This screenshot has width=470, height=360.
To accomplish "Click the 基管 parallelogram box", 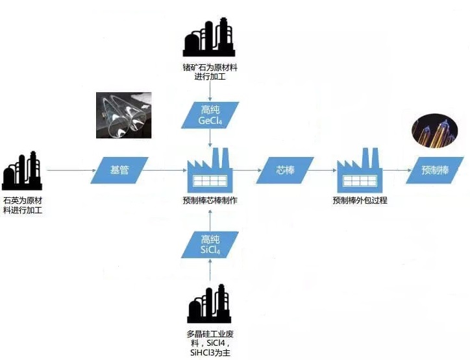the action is pos(119,170).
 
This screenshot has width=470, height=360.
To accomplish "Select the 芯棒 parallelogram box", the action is pos(285,170).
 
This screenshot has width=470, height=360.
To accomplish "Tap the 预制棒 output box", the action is pos(435,170).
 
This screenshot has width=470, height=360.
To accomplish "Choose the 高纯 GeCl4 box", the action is pos(210,115).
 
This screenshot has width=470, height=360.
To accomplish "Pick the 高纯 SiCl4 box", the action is pos(210,245).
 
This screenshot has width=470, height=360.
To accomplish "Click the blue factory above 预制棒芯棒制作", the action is pos(210,170).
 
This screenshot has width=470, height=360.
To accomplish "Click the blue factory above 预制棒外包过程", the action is pos(360,170).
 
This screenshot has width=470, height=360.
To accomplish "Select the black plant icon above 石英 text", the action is pos(22,171).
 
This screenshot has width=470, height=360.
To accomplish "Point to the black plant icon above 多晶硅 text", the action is pos(209,304).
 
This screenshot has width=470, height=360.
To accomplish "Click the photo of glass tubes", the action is pos(123,115).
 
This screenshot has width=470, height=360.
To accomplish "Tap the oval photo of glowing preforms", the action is pos(435,131).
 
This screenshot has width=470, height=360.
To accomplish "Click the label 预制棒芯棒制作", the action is pos(210,200).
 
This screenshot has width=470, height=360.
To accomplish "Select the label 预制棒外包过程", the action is pos(360,200).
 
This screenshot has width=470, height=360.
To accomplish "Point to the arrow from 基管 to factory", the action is pos(165,170).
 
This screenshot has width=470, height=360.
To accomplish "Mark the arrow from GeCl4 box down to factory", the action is pos(210,138).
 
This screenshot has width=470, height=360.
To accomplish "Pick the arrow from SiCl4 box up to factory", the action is pos(210,220).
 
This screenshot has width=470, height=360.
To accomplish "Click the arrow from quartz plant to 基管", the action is pos(71,170).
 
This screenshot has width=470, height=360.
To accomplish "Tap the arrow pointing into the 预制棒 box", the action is pos(397,170).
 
